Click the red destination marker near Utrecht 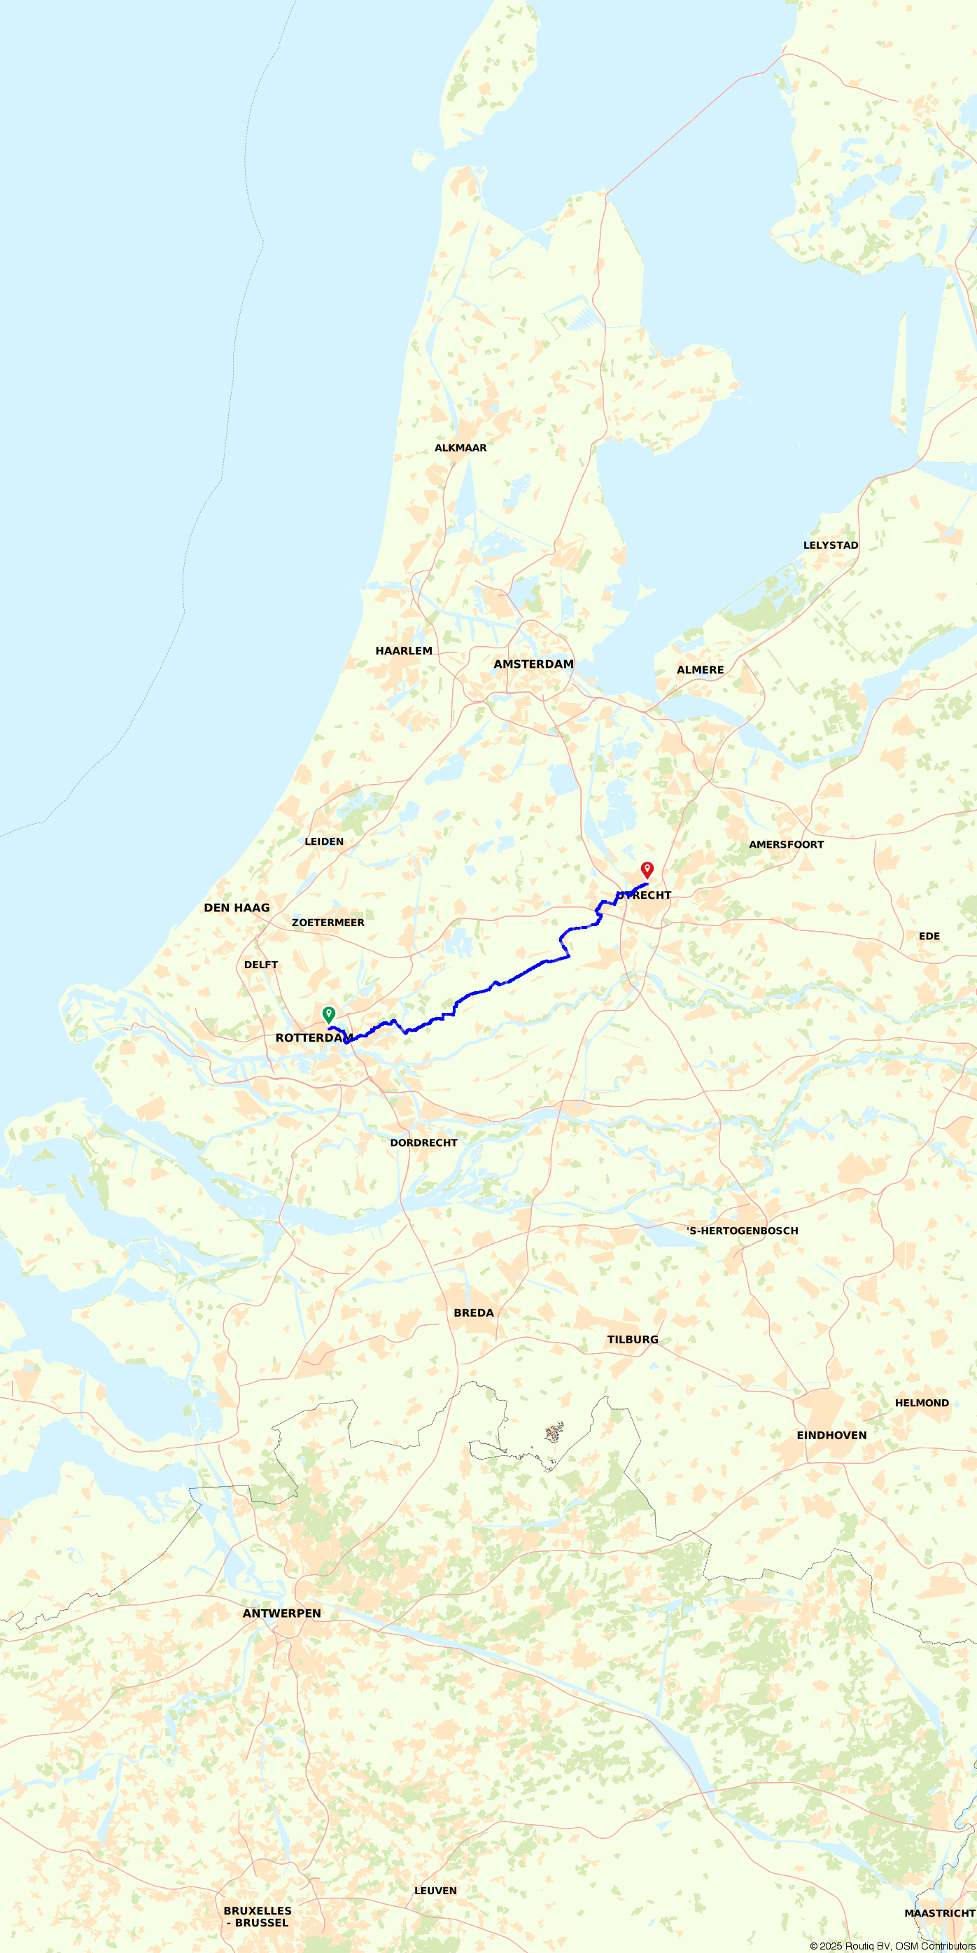click(x=647, y=869)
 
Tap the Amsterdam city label click(x=533, y=664)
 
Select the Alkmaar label click(x=460, y=448)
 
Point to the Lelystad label click(x=831, y=545)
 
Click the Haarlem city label click(x=403, y=650)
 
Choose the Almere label click(x=700, y=669)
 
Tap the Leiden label click(x=323, y=841)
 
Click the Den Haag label click(x=237, y=907)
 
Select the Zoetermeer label click(x=328, y=923)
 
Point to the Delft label click(x=261, y=965)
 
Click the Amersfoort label click(x=786, y=845)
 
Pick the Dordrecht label click(x=423, y=1142)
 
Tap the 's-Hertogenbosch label click(x=742, y=1231)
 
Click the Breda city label click(x=474, y=1312)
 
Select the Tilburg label click(x=632, y=1339)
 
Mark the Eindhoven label click(x=831, y=1434)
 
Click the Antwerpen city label click(x=281, y=1613)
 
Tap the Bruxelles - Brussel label click(x=258, y=1916)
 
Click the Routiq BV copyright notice click(x=892, y=1945)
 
